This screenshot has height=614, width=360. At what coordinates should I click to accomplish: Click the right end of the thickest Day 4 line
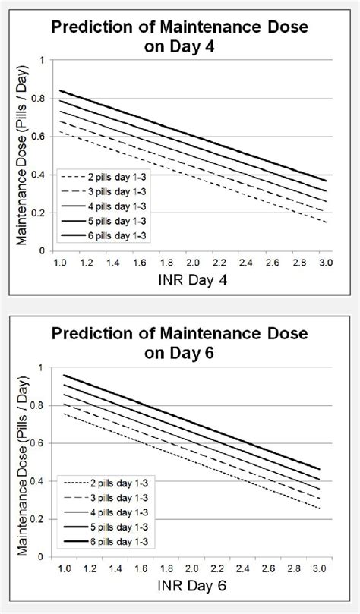click(325, 180)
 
